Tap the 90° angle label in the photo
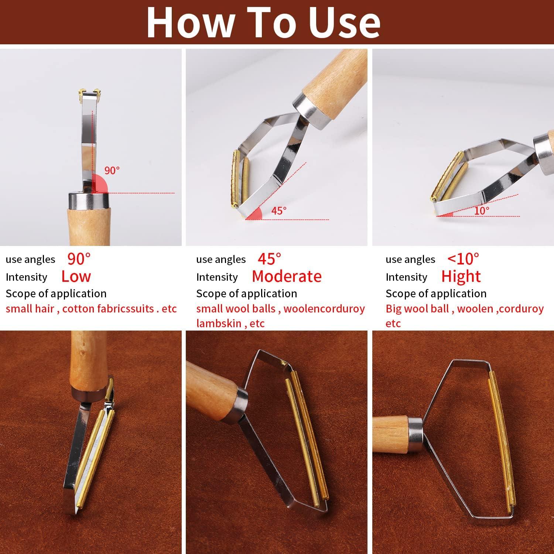(x=112, y=170)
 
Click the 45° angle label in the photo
(x=279, y=211)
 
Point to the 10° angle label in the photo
(x=482, y=211)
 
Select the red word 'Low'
(x=76, y=277)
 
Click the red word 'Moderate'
(x=287, y=277)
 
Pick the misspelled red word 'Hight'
(x=461, y=277)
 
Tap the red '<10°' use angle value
(x=463, y=259)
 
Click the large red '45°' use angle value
(x=269, y=259)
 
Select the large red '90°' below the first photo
(x=79, y=259)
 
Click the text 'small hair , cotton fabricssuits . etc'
(x=91, y=308)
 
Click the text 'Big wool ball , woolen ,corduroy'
(x=465, y=308)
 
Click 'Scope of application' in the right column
(x=436, y=294)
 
